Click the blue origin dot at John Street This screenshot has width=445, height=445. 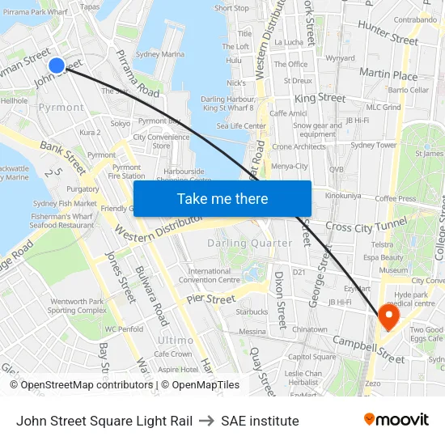click(57, 66)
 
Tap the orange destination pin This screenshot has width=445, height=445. click(389, 315)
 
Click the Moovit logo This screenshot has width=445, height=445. click(396, 420)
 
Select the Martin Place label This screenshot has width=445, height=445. click(388, 74)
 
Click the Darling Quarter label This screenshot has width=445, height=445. click(250, 243)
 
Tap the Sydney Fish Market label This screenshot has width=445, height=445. click(65, 204)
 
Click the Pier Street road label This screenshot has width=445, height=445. click(210, 299)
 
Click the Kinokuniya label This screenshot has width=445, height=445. click(343, 196)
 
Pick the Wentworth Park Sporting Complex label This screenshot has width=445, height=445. click(77, 306)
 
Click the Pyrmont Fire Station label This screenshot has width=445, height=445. click(126, 171)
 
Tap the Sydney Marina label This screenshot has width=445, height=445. click(160, 54)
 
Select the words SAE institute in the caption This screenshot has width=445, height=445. click(260, 421)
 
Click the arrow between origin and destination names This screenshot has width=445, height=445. click(206, 421)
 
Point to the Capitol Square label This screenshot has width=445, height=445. click(311, 357)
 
